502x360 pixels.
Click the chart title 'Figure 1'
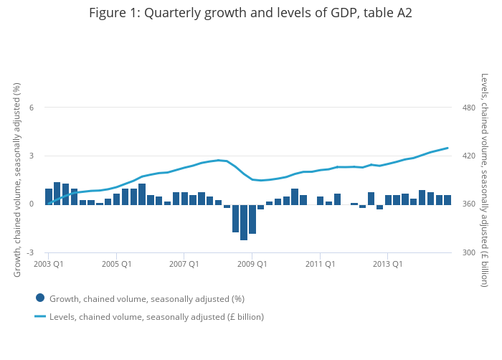(250, 13)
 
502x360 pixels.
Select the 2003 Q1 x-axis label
(48, 264)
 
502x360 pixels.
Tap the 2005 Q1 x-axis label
(116, 264)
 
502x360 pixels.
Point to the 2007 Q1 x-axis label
(184, 264)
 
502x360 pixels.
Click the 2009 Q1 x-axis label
(252, 264)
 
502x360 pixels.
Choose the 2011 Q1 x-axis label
(320, 264)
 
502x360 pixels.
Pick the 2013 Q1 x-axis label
(387, 264)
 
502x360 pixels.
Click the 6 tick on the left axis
(31, 108)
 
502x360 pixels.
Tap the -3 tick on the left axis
(29, 252)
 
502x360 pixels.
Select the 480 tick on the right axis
(469, 108)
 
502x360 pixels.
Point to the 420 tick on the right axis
(469, 156)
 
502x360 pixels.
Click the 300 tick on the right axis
(469, 252)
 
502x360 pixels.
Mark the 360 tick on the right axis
(469, 204)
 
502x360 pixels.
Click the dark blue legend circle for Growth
(40, 298)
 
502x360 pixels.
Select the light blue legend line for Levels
(40, 316)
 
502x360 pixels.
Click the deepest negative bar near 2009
(244, 222)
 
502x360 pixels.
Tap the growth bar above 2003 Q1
(49, 196)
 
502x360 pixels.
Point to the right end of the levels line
(447, 148)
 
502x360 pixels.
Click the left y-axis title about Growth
(17, 179)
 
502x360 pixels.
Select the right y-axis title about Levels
(484, 179)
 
